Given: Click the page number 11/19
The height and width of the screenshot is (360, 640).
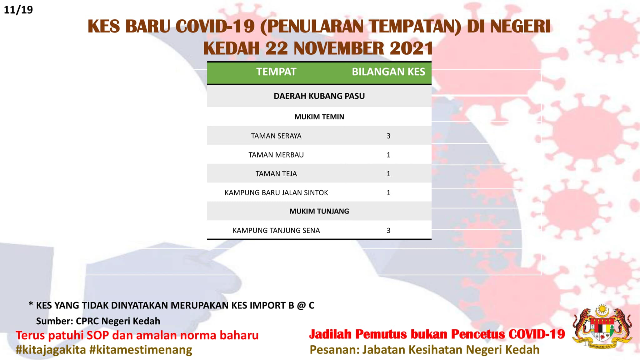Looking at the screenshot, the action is [x=18, y=10].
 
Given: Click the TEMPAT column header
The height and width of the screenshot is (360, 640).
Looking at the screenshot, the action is [x=276, y=72].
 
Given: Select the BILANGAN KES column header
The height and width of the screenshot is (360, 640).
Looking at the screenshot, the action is [x=388, y=72].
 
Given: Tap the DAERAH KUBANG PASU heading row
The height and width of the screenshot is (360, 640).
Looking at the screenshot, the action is [x=319, y=96].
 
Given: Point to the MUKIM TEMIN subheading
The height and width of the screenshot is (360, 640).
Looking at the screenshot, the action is [x=319, y=117].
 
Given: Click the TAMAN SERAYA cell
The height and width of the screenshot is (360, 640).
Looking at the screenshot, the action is [x=276, y=136].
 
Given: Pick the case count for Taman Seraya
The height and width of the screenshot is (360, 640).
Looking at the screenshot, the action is [x=388, y=136].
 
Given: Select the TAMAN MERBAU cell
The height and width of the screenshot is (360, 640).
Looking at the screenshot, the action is [x=276, y=155].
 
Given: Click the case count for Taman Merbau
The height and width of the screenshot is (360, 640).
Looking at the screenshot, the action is [x=388, y=155].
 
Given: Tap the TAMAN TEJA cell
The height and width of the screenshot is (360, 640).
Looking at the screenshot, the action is [x=276, y=174].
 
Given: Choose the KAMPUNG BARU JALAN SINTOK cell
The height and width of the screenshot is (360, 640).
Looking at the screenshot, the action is [x=276, y=193].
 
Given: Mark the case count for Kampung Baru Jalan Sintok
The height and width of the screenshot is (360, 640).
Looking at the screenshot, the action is [x=388, y=193].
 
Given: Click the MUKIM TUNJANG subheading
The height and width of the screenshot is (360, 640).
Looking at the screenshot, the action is [x=319, y=211].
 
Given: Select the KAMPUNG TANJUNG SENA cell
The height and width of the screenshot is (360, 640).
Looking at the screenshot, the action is [x=276, y=231].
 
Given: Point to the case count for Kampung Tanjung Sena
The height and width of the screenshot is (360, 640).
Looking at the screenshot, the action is [x=388, y=231].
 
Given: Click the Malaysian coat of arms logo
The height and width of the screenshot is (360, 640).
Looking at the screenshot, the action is [x=602, y=327].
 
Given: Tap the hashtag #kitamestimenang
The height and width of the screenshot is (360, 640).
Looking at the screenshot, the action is [x=141, y=350].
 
